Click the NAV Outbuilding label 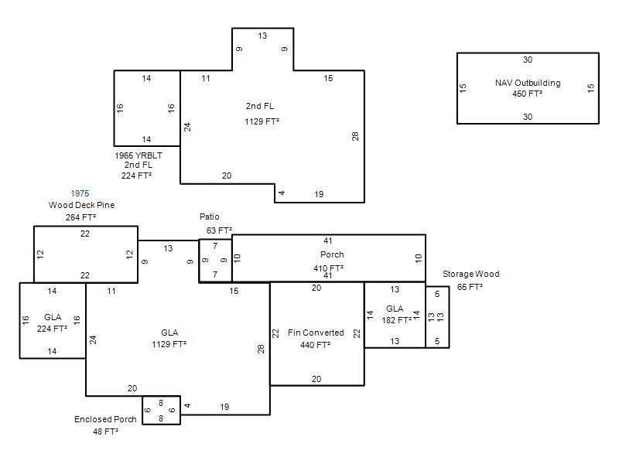[528, 83]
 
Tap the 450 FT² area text [528, 94]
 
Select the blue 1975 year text [80, 193]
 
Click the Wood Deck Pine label [82, 205]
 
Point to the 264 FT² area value [81, 217]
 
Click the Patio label [209, 217]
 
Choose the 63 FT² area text [219, 230]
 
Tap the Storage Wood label [471, 274]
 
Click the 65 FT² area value [470, 287]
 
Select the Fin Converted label [316, 333]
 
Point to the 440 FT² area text [315, 345]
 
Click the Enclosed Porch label [105, 419]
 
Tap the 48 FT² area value [106, 432]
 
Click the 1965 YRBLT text [139, 155]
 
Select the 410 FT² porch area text [328, 268]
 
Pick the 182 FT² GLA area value [396, 320]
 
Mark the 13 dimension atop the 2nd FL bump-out [262, 36]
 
